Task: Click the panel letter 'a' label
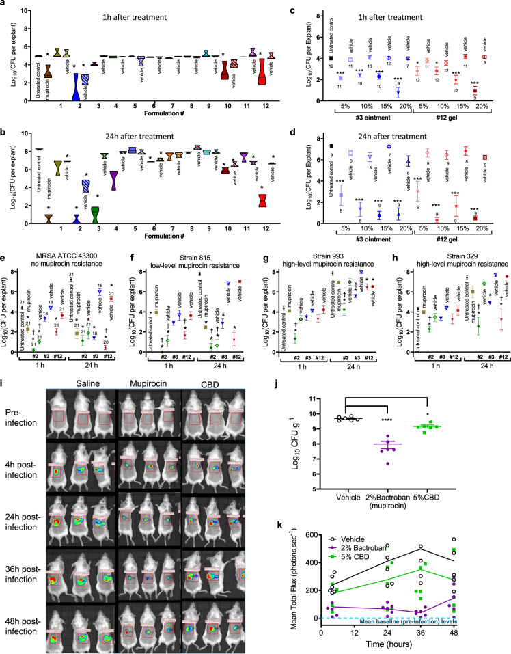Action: coord(5,5)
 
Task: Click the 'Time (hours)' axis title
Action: coord(404,644)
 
